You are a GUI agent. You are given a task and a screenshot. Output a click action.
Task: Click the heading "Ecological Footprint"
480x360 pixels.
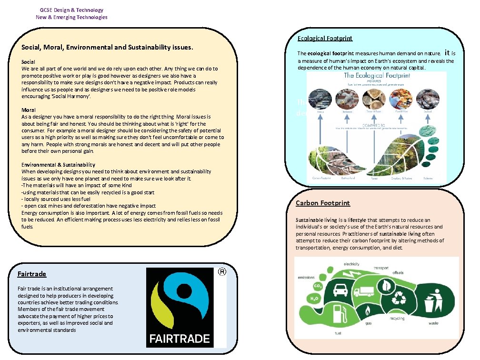tap(325, 39)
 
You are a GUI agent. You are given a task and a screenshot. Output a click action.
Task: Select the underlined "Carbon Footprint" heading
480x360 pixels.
tap(322, 203)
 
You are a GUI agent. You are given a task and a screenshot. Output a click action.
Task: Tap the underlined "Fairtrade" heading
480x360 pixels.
tap(31, 274)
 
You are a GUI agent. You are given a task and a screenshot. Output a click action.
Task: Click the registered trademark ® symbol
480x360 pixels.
tap(221, 272)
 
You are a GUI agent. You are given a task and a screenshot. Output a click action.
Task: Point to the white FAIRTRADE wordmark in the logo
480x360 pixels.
tap(180, 339)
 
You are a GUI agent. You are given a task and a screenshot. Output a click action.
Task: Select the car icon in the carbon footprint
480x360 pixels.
tap(340, 289)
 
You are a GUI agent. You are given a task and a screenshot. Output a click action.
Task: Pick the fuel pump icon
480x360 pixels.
tap(339, 314)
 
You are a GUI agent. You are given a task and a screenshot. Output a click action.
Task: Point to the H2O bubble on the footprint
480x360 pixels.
tap(314, 299)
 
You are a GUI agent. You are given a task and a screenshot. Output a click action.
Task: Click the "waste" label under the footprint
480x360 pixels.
tap(433, 323)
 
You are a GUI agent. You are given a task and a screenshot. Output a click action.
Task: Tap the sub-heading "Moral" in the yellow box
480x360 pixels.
tap(29, 110)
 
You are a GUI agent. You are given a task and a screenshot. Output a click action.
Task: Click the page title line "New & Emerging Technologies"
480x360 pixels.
tap(71, 17)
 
